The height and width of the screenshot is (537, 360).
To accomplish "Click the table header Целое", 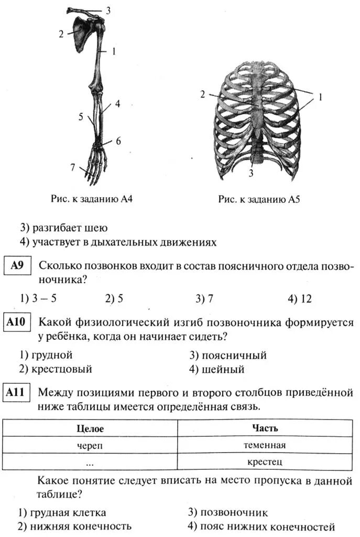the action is click(x=90, y=428).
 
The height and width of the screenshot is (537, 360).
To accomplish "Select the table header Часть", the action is click(x=265, y=428).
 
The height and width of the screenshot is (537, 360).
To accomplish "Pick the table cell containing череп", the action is click(x=90, y=445).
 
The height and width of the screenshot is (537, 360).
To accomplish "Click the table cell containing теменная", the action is click(x=265, y=445).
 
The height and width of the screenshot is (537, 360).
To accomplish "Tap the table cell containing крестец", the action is click(x=265, y=461).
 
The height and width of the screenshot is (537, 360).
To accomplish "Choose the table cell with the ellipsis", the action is click(x=90, y=463).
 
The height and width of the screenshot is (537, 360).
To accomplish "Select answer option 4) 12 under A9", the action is click(x=299, y=299).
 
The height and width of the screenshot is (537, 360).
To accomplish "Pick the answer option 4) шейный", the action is click(x=217, y=369).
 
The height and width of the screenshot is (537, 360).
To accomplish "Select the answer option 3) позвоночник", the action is click(x=228, y=512).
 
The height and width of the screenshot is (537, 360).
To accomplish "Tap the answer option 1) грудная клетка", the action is click(x=62, y=512).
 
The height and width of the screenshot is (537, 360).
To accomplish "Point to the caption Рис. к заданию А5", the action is click(x=258, y=200).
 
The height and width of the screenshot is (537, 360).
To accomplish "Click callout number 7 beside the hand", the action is click(x=73, y=167).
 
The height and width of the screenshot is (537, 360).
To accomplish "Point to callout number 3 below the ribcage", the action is click(x=251, y=174).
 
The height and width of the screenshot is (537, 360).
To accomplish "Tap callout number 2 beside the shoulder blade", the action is click(x=61, y=33).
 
